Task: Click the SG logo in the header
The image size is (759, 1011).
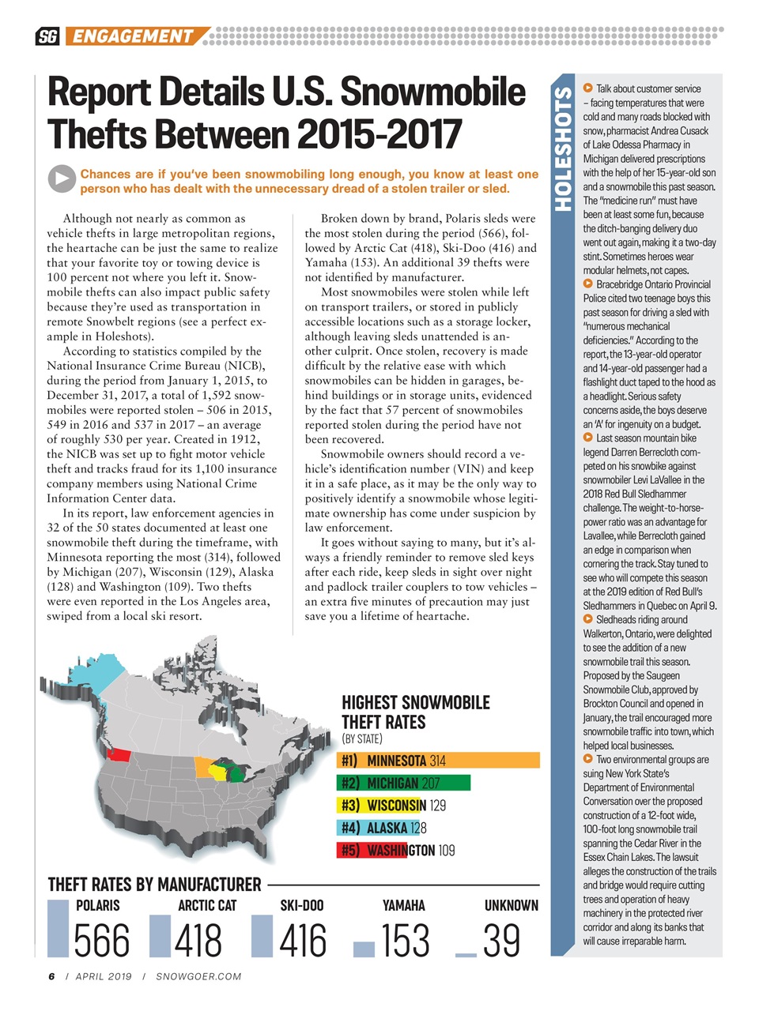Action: (47, 36)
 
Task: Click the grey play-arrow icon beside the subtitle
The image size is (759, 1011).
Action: (61, 179)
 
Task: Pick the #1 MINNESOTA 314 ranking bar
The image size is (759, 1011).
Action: (439, 761)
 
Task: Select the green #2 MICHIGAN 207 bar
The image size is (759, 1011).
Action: (403, 783)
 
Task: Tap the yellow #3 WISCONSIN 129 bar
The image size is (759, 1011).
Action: (392, 806)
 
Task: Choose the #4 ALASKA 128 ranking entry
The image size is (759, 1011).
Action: (383, 828)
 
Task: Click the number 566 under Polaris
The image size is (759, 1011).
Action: (101, 941)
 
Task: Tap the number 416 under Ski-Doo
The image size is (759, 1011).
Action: (302, 941)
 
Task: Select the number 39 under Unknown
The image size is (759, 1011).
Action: (501, 941)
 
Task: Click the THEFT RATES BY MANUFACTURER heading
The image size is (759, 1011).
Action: (154, 885)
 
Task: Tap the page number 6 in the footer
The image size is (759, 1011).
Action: (51, 976)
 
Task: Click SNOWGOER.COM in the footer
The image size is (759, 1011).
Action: (198, 976)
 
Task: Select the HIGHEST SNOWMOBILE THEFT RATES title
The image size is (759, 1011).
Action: (416, 712)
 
